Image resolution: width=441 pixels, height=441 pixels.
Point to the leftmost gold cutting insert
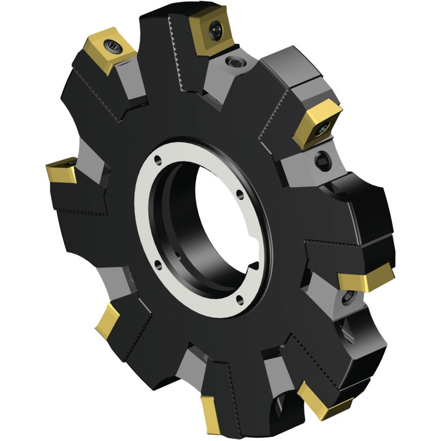[x=61, y=171]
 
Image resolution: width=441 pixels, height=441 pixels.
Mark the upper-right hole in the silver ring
[x=239, y=195]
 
